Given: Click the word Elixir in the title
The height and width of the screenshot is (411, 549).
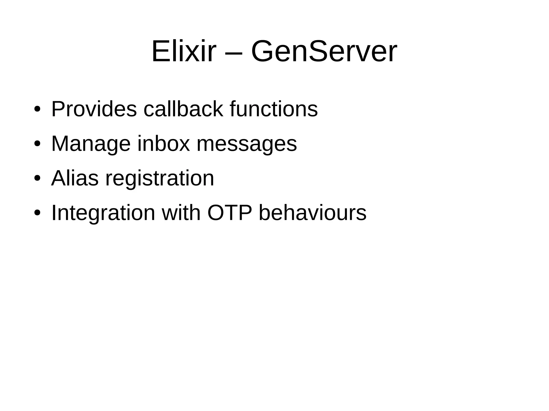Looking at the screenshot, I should pos(184,51).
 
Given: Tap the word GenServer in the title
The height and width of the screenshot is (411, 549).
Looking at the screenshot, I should pos(324,51).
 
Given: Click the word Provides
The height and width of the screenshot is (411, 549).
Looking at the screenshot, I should pos(94,109).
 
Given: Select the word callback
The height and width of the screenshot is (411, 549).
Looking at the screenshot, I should pos(183,109).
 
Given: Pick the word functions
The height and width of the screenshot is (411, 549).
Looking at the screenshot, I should pos(274,109).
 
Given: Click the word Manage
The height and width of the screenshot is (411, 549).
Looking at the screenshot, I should pos(91,144).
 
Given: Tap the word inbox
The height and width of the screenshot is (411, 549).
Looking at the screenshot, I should pos(164,144).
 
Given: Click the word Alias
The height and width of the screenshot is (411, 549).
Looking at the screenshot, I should pos(75,178).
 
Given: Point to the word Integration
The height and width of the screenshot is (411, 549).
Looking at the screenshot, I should pos(103,213).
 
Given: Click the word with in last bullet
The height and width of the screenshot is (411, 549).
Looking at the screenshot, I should pos(181,213).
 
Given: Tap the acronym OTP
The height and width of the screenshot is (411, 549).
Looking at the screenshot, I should pos(230,213).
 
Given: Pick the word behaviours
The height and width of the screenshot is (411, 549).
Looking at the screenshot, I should pos(312,213).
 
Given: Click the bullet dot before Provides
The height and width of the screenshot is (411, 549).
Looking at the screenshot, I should pos(37,110).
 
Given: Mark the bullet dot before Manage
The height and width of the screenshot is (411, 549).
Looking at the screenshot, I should pos(37,144).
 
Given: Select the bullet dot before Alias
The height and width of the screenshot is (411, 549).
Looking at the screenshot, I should pos(37,179).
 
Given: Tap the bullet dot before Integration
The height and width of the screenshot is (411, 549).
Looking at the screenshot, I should pos(37,213).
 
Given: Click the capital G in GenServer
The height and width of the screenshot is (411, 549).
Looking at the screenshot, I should pos(262,51).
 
